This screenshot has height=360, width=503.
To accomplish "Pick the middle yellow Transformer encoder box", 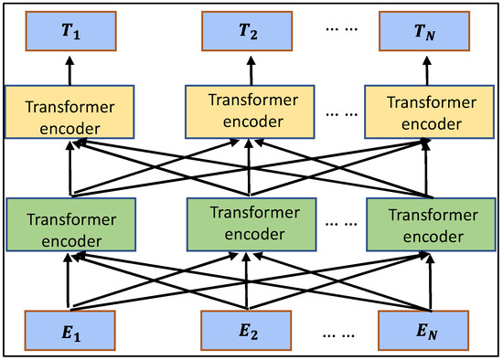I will [x=248, y=109].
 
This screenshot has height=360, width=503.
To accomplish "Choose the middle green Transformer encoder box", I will [x=248, y=224].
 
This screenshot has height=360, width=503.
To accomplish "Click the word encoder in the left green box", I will [x=66, y=236].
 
